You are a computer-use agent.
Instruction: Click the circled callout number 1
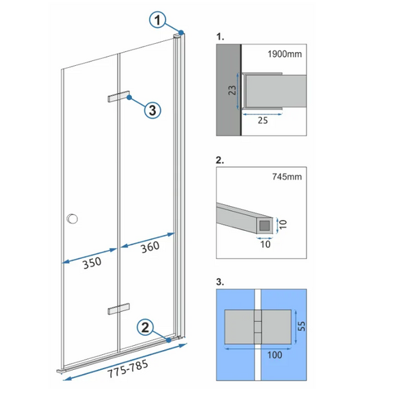tap(157, 20)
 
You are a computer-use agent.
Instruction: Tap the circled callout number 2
tap(145, 327)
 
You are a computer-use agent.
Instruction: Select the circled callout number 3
tap(153, 110)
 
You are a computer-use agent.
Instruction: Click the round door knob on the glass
tap(73, 219)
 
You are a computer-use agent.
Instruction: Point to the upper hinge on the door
tap(118, 96)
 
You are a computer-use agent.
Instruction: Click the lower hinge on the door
tap(118, 309)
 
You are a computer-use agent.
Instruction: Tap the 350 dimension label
tap(92, 263)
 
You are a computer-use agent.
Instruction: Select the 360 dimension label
tap(150, 247)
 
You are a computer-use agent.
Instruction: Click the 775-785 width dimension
tap(128, 369)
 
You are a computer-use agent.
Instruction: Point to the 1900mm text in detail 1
tap(285, 54)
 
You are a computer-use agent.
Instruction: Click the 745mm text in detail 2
tap(287, 177)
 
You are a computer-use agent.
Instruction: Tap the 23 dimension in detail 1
tap(232, 90)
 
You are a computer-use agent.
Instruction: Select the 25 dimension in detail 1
tap(263, 121)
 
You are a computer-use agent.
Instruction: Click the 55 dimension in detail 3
tap(302, 326)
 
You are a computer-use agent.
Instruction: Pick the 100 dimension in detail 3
tap(274, 355)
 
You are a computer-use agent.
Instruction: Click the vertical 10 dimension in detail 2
tap(283, 225)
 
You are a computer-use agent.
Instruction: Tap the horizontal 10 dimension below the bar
tap(265, 245)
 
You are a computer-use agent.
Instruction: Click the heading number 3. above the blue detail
tap(220, 282)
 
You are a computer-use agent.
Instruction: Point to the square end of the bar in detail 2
tap(265, 225)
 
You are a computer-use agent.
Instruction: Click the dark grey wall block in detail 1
tap(228, 90)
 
